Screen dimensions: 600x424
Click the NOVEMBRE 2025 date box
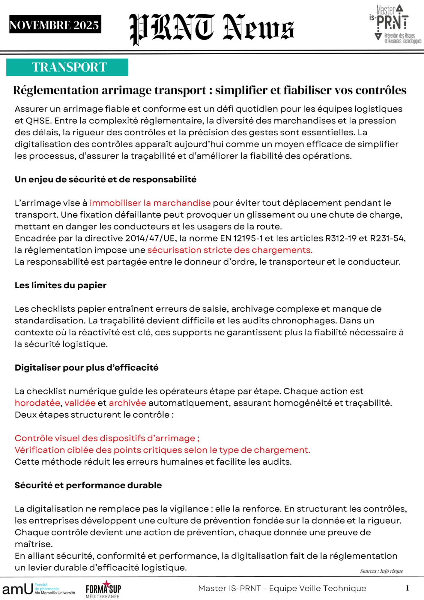(x=55, y=25)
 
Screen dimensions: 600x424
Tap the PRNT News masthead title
(x=212, y=29)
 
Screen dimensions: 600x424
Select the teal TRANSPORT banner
(x=67, y=67)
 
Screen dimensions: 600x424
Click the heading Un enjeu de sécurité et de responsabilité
(x=106, y=179)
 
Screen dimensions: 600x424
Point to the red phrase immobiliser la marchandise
(x=150, y=203)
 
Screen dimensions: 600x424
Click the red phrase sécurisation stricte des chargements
(x=230, y=250)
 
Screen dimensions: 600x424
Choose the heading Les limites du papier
(x=61, y=285)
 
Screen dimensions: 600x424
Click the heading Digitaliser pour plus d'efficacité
(x=86, y=367)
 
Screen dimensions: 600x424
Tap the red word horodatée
(x=37, y=403)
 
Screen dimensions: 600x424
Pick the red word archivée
(x=127, y=403)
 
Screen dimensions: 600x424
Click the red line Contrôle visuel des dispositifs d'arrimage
(x=107, y=438)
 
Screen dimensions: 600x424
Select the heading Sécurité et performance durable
(x=88, y=485)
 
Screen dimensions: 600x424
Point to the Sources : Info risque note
(x=381, y=571)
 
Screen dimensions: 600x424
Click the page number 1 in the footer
(x=407, y=588)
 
